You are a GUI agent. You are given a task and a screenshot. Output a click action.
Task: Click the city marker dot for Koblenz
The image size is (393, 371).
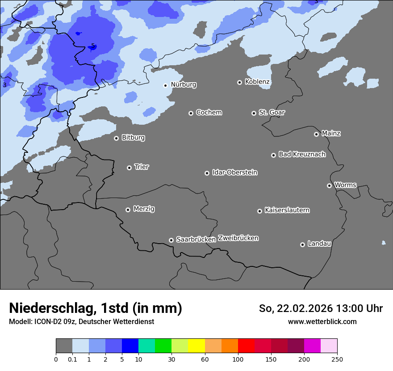tap(239, 82)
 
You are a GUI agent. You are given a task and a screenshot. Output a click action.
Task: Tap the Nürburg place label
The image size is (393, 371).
tap(183, 84)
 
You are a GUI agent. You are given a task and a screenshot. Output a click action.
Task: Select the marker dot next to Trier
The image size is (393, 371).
tap(129, 168)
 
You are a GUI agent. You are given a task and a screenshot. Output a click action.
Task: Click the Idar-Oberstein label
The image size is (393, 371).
tap(234, 173)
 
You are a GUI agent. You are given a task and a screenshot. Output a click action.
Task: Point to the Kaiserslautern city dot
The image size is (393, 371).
tap(259, 211)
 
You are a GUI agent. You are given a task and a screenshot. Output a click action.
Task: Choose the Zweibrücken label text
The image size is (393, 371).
tap(238, 238)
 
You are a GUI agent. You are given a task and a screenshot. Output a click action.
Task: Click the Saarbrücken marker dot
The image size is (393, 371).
tap(171, 240)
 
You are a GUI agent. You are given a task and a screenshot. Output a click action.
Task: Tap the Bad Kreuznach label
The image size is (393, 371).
tap(302, 154)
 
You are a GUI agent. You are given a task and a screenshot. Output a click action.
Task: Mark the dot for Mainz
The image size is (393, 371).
tap(316, 134)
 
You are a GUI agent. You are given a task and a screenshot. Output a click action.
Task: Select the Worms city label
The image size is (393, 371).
tap(345, 185)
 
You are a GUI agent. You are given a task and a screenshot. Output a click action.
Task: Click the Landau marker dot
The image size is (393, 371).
tap(302, 245)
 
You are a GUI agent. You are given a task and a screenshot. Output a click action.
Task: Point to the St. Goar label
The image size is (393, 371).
tap(272, 113)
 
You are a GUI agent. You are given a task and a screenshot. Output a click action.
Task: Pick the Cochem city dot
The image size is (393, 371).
tap(191, 113)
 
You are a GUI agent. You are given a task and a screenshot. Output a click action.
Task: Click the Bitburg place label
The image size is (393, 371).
tap(133, 138)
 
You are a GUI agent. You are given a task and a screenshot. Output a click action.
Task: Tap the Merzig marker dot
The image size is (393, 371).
tap(128, 210)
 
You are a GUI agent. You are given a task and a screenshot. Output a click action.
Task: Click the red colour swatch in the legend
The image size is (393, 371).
tap(246, 346)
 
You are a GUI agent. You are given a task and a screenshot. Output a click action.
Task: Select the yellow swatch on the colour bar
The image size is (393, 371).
tap(196, 346)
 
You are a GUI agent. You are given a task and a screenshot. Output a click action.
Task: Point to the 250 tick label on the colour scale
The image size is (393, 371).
tap(337, 359)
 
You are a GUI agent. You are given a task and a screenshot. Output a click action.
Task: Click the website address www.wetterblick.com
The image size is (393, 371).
tap(322, 321)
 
